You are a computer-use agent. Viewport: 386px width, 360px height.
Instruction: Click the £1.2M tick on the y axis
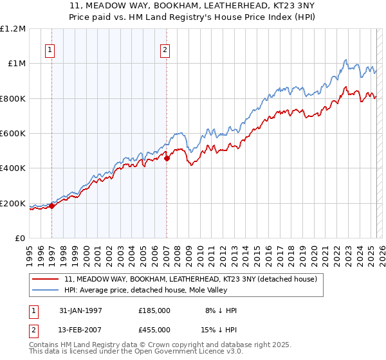click(x=13, y=29)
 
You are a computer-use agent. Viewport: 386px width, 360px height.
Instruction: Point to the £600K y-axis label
click(x=13, y=134)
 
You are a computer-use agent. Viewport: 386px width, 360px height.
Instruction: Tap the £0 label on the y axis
click(x=21, y=239)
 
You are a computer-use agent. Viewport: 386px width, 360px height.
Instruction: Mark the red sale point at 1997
click(x=52, y=206)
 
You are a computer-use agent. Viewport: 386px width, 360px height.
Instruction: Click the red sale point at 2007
click(x=167, y=158)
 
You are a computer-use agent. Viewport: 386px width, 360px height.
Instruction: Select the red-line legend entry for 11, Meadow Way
click(x=190, y=280)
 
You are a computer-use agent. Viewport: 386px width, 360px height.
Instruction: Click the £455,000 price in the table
click(x=154, y=330)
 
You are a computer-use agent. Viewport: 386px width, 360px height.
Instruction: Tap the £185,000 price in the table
click(x=154, y=310)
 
